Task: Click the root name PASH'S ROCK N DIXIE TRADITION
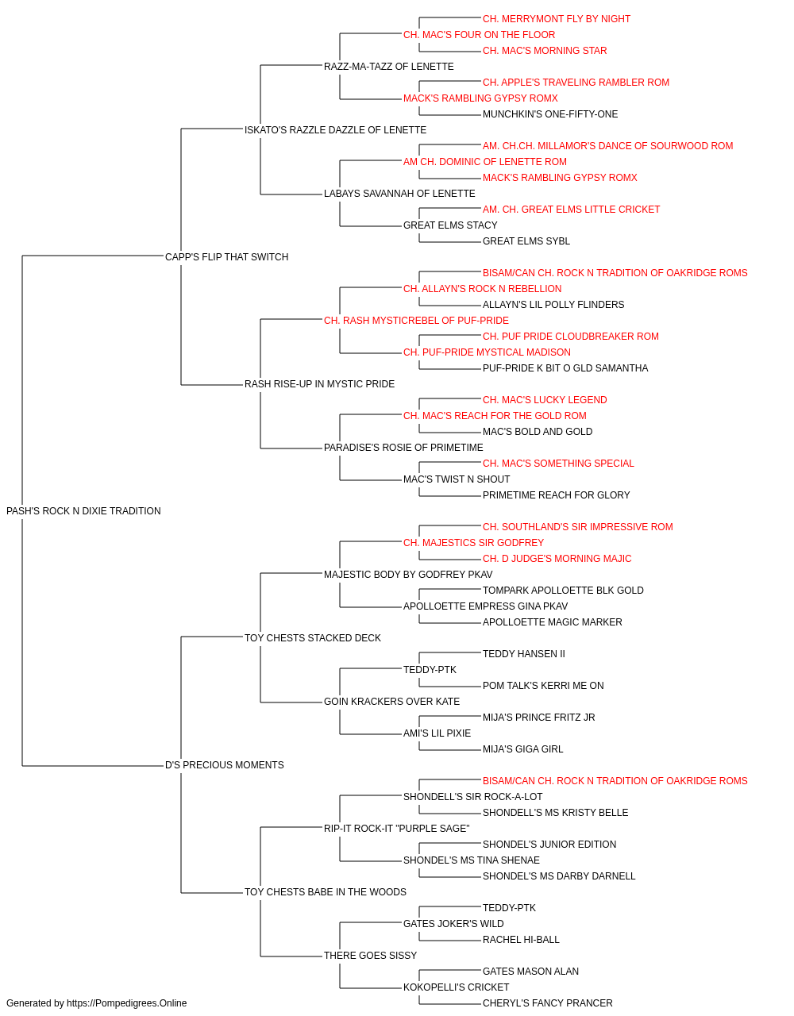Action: click(83, 511)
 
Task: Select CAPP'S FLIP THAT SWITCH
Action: click(226, 257)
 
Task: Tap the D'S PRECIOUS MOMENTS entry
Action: click(224, 765)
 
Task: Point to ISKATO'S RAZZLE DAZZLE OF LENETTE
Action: click(335, 130)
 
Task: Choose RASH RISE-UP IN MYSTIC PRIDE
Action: click(319, 384)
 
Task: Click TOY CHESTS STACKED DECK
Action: click(312, 637)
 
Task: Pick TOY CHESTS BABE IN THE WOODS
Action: click(325, 891)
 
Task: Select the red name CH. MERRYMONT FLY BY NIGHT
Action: click(556, 19)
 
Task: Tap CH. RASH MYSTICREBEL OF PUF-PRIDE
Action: click(416, 320)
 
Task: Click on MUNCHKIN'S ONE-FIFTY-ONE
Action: click(550, 114)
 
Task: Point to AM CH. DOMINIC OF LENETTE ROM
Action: click(485, 162)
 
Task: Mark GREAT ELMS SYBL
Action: click(526, 241)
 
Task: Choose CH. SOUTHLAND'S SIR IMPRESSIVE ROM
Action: click(577, 527)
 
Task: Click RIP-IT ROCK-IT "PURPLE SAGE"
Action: click(396, 829)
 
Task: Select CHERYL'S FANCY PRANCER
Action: click(547, 1003)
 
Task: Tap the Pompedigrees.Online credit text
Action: click(96, 1003)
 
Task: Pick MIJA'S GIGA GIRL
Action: click(522, 749)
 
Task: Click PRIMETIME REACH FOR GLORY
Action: click(556, 495)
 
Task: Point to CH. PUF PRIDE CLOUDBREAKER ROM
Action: click(570, 337)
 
